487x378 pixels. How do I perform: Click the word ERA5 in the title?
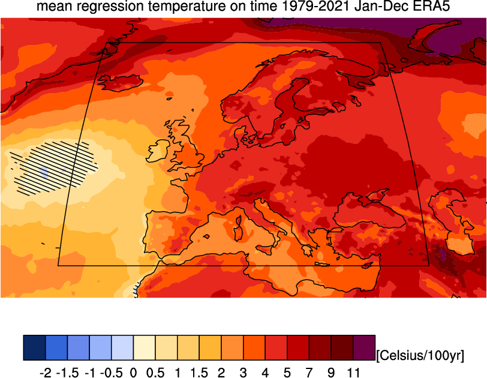(x=431, y=8)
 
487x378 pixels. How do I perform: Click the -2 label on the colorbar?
(x=45, y=373)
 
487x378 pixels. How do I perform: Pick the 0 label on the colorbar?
(x=133, y=373)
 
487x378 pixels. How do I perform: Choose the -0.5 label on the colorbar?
(x=111, y=373)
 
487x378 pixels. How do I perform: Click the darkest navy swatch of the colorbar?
(x=34, y=347)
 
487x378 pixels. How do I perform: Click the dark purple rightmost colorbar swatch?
(x=364, y=347)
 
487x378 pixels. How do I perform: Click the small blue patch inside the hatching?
(x=43, y=172)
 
